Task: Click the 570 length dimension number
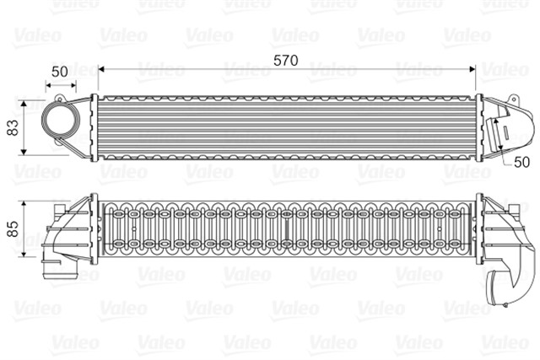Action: click(x=285, y=61)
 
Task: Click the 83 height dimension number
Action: click(x=13, y=127)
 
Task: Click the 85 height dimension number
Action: click(x=13, y=228)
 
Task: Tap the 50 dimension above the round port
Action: click(x=60, y=72)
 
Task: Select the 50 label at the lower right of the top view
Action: click(x=521, y=162)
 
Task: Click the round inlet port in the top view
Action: click(x=61, y=119)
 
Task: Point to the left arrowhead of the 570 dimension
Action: click(x=101, y=69)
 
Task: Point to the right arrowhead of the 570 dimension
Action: click(x=472, y=69)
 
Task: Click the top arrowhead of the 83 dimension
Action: click(x=24, y=104)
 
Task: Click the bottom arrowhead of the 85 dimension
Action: click(x=24, y=253)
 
